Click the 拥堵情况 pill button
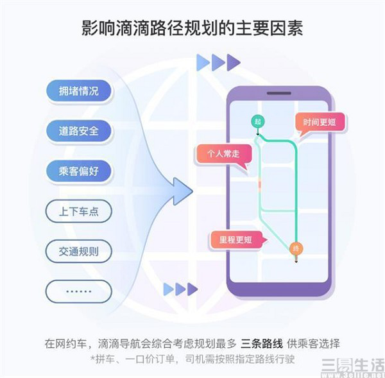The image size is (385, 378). [78, 90]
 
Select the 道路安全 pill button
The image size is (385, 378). [78, 131]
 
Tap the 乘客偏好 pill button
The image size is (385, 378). [78, 171]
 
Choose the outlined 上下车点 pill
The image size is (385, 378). [78, 211]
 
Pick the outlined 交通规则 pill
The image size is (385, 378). [78, 252]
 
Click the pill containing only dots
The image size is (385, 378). [78, 291]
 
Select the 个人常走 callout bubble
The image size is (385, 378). [223, 154]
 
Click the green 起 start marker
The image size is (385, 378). [257, 121]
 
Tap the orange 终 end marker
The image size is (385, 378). [296, 249]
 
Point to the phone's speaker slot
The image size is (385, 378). [279, 93]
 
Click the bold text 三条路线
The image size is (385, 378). [262, 343]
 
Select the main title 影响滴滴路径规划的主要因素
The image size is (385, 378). [193, 28]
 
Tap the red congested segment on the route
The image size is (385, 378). [259, 184]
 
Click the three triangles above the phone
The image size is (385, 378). [218, 62]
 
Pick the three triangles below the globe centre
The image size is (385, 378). [180, 289]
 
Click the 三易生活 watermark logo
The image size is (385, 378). [353, 366]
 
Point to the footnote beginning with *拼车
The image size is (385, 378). [193, 359]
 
